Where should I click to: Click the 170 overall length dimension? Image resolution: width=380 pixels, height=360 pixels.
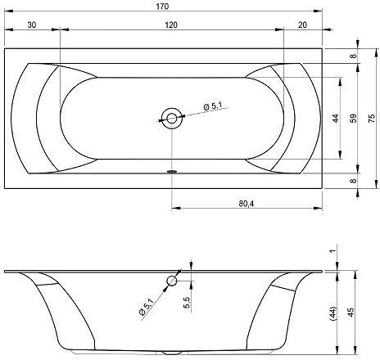[x=162, y=7]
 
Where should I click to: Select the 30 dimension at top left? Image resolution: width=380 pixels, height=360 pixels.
[x=32, y=25]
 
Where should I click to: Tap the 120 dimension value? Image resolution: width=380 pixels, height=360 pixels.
[x=171, y=25]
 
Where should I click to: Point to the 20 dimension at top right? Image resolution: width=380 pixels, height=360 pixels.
[x=302, y=25]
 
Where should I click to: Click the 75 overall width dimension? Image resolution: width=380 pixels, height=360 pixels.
[x=372, y=118]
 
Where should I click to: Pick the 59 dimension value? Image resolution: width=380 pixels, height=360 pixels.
[x=353, y=118]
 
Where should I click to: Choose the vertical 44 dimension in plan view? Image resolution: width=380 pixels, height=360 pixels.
[x=336, y=118]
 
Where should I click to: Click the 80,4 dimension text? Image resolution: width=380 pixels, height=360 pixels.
[x=247, y=204]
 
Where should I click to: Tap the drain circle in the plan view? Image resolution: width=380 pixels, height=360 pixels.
[x=172, y=119]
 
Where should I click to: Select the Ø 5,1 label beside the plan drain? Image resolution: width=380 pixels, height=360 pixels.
[x=213, y=106]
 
